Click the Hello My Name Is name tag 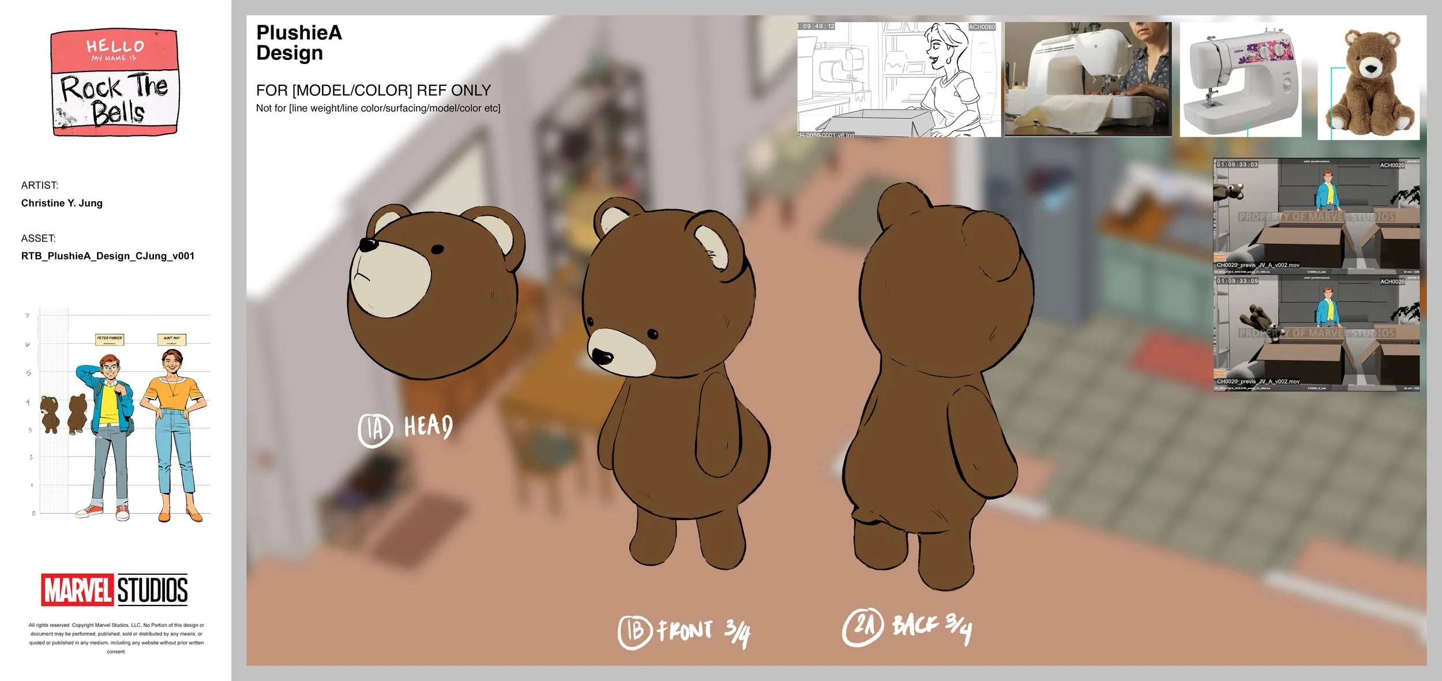click(115, 83)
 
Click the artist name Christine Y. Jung click(62, 203)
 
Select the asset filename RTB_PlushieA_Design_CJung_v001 click(108, 256)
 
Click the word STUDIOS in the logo click(152, 590)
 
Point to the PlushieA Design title click(299, 43)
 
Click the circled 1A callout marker click(375, 430)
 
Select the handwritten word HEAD click(428, 426)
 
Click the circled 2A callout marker click(862, 627)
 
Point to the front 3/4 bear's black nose click(602, 356)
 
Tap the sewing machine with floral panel click(1240, 80)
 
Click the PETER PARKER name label click(110, 339)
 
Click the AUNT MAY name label click(171, 339)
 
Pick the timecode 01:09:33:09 click(1238, 281)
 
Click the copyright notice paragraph click(117, 638)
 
